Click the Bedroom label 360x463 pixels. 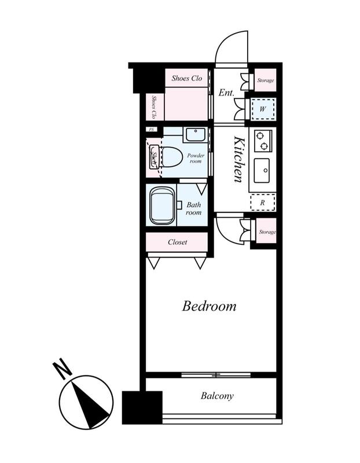coord(209,306)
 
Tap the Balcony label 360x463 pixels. coord(217,396)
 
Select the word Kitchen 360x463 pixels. coord(239,159)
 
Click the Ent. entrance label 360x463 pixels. coord(226,93)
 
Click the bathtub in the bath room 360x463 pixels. coord(161,205)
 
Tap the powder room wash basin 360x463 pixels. coord(196,134)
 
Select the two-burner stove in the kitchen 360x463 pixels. coord(263,141)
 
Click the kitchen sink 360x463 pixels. coord(262,170)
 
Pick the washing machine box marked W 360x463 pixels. coord(263,109)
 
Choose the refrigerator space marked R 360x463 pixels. coord(263,203)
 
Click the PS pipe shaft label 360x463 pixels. coord(152,129)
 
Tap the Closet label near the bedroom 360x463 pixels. coord(177,242)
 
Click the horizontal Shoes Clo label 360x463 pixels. coord(186,78)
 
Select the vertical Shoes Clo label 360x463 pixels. coord(154,106)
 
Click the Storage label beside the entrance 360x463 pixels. coord(266,80)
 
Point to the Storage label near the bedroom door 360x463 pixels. coord(267,232)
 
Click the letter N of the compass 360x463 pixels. coord(63,369)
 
